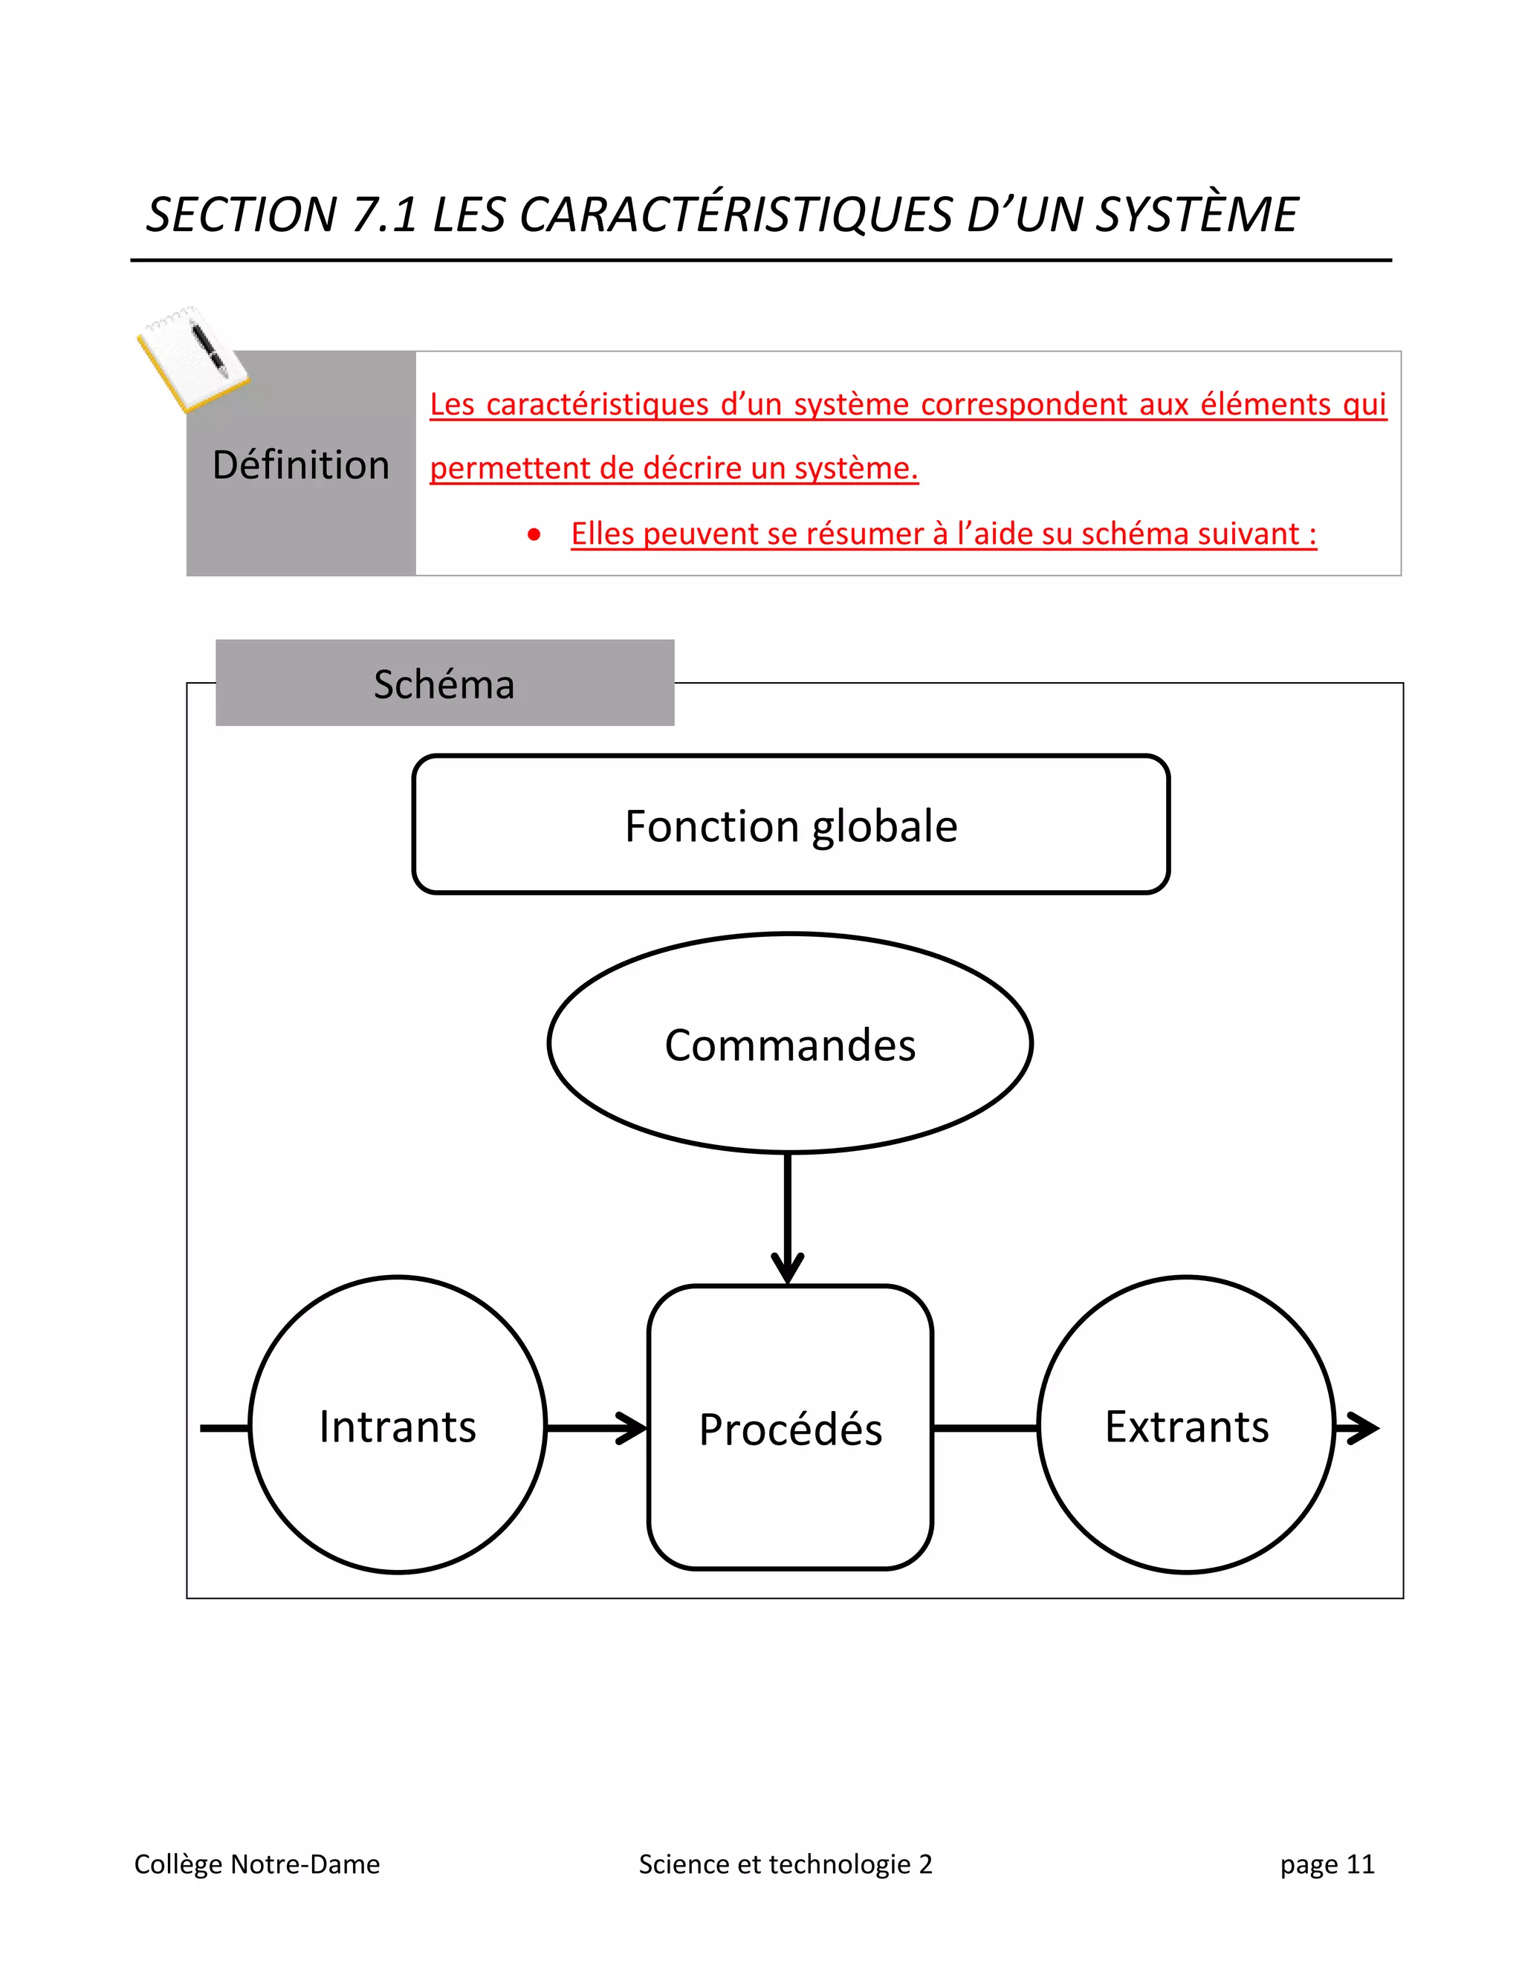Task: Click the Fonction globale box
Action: (791, 824)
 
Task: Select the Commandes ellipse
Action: (790, 1043)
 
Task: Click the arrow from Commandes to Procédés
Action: (788, 1217)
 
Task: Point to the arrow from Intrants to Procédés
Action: (596, 1428)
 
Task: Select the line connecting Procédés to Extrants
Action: (985, 1428)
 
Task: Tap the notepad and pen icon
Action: (191, 358)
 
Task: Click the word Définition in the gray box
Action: (300, 465)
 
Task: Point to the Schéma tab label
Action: (444, 684)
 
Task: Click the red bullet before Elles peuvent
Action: (534, 535)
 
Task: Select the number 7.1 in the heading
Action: (385, 215)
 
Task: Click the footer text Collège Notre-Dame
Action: (257, 1863)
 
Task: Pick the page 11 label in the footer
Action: (1327, 1863)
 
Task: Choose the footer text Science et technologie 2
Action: (786, 1863)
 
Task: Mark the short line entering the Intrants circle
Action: (224, 1428)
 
